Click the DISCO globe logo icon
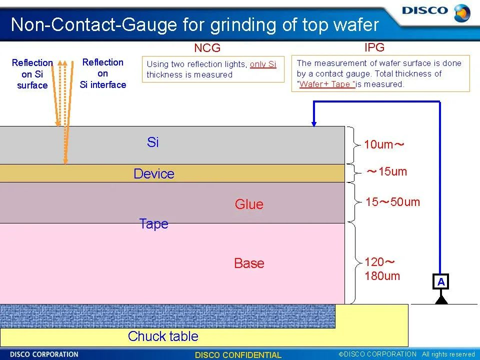click(x=462, y=13)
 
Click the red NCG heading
click(x=207, y=48)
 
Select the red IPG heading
click(x=374, y=47)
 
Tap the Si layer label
click(x=153, y=142)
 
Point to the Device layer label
click(x=154, y=173)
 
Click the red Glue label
click(x=249, y=204)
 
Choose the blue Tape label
click(x=153, y=224)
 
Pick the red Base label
click(x=249, y=263)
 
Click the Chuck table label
click(x=163, y=336)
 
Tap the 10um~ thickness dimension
click(x=384, y=144)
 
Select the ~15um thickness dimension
click(x=387, y=171)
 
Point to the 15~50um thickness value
click(x=393, y=201)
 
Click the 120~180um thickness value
click(x=382, y=269)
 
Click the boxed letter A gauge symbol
click(x=441, y=281)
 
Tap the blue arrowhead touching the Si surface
click(x=314, y=123)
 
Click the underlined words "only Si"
click(x=263, y=64)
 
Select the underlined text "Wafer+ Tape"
click(x=326, y=84)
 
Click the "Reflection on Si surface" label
click(x=32, y=74)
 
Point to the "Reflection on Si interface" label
click(x=103, y=73)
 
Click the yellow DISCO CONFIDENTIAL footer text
click(x=238, y=355)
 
